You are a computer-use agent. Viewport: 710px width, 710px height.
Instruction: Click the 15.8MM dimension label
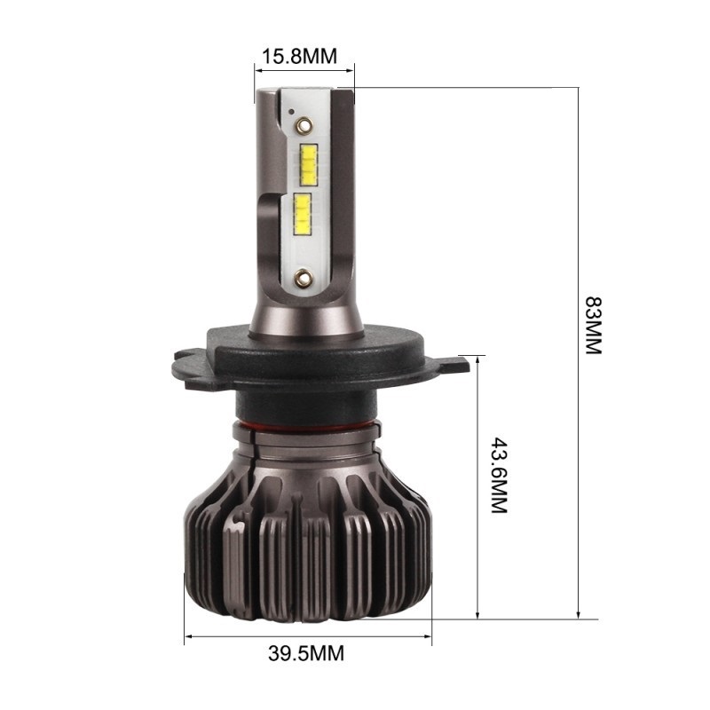[299, 57]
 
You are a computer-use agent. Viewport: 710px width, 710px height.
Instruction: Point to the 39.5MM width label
[305, 655]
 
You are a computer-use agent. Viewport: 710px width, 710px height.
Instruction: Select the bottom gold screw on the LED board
[302, 276]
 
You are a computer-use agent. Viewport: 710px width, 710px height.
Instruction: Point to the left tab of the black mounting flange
[188, 361]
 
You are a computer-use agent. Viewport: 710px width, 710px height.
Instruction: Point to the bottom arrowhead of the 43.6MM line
[479, 614]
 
